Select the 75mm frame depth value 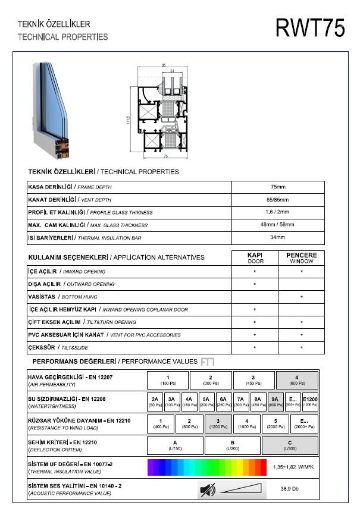click(278, 187)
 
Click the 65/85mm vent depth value click(278, 200)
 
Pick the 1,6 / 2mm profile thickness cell click(278, 212)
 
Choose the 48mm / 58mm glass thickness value click(278, 225)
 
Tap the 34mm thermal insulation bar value click(278, 238)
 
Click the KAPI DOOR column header click(255, 257)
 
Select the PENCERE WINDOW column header click(302, 257)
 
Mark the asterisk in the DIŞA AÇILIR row click(255, 284)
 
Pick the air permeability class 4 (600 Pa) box click(297, 380)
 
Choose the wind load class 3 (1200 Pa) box click(218, 423)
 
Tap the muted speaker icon click(208, 490)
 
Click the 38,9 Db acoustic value click(290, 489)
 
